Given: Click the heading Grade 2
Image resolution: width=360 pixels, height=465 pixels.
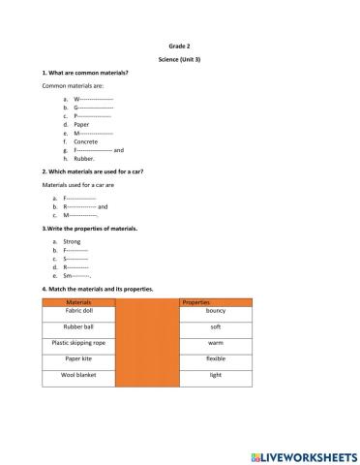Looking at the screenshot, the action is [179, 45].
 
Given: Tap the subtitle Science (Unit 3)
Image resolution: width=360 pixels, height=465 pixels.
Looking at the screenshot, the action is [179, 59].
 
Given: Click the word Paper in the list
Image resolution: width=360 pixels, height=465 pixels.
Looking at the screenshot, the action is [82, 125].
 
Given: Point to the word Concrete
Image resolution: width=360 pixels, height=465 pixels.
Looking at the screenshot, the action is [86, 141].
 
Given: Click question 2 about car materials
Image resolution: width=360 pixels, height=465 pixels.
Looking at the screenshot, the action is [93, 171].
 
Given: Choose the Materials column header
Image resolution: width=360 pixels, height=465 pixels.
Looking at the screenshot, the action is [77, 303].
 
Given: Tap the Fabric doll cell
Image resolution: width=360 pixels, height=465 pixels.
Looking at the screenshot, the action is [77, 313].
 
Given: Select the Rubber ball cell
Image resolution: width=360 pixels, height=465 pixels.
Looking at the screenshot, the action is [77, 326].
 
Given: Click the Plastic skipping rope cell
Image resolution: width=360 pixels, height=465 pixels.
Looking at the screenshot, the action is [77, 342].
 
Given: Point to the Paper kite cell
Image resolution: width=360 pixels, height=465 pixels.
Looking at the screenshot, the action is [77, 358].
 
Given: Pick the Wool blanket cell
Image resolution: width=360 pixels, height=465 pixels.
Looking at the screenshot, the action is [77, 374].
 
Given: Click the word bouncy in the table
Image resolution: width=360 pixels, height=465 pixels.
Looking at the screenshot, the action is [216, 312].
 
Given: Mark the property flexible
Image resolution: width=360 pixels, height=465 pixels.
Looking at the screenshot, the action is [216, 358].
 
